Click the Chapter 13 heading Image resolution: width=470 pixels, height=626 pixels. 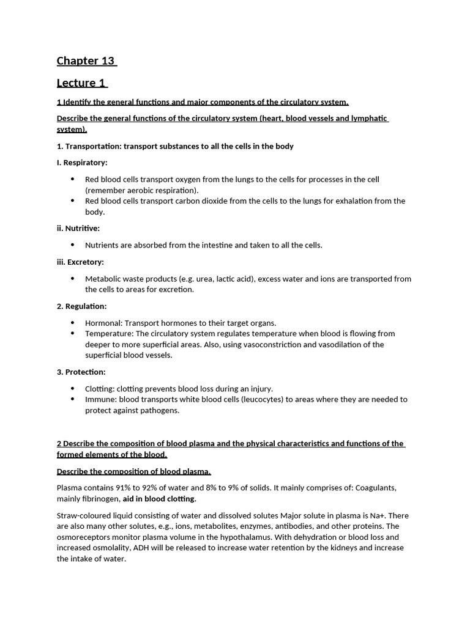pos(86,61)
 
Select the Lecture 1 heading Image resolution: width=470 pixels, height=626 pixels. pos(81,83)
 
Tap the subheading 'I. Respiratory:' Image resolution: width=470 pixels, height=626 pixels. pos(82,163)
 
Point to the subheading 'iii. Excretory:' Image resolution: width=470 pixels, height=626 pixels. pos(80,262)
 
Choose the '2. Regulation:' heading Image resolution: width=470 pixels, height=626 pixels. pos(81,306)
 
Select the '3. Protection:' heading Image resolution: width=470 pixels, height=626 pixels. pos(81,372)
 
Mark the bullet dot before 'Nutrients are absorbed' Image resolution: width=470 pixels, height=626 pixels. pos(73,245)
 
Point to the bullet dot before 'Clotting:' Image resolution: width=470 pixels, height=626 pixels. pos(73,388)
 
